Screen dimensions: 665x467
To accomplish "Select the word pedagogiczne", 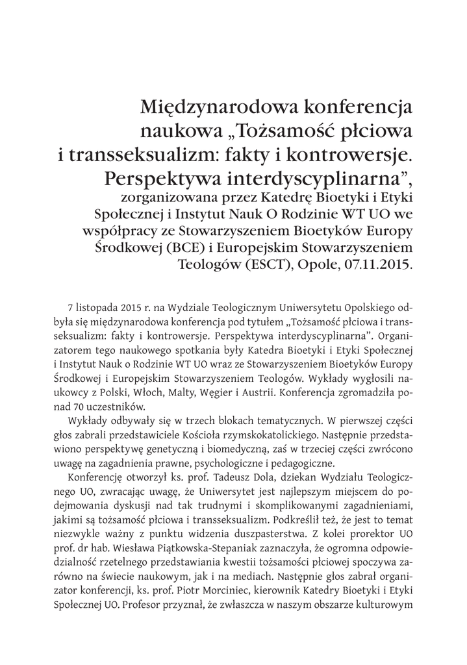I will (297, 462).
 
